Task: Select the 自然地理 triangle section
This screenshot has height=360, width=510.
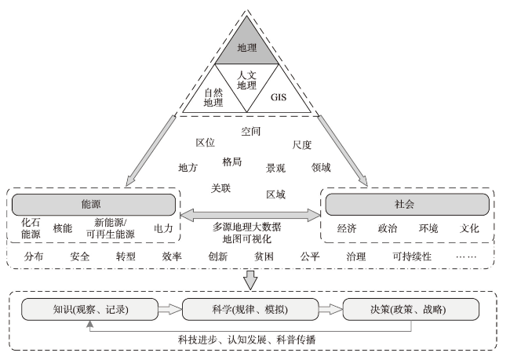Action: [x=213, y=96]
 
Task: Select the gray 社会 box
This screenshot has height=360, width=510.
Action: [x=407, y=204]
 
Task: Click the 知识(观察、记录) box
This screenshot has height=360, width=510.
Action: [x=86, y=309]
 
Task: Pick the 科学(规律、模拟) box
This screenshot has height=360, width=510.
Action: [x=248, y=309]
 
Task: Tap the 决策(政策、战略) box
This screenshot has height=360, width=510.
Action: [x=410, y=309]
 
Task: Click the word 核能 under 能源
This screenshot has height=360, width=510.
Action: [x=63, y=228]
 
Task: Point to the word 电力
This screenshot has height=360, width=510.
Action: [x=163, y=228]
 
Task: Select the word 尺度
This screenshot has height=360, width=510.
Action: [x=302, y=145]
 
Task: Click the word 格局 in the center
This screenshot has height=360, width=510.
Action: [x=232, y=162]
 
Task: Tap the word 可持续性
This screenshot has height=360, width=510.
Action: [x=412, y=256]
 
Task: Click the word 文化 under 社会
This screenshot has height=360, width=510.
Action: [x=469, y=228]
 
